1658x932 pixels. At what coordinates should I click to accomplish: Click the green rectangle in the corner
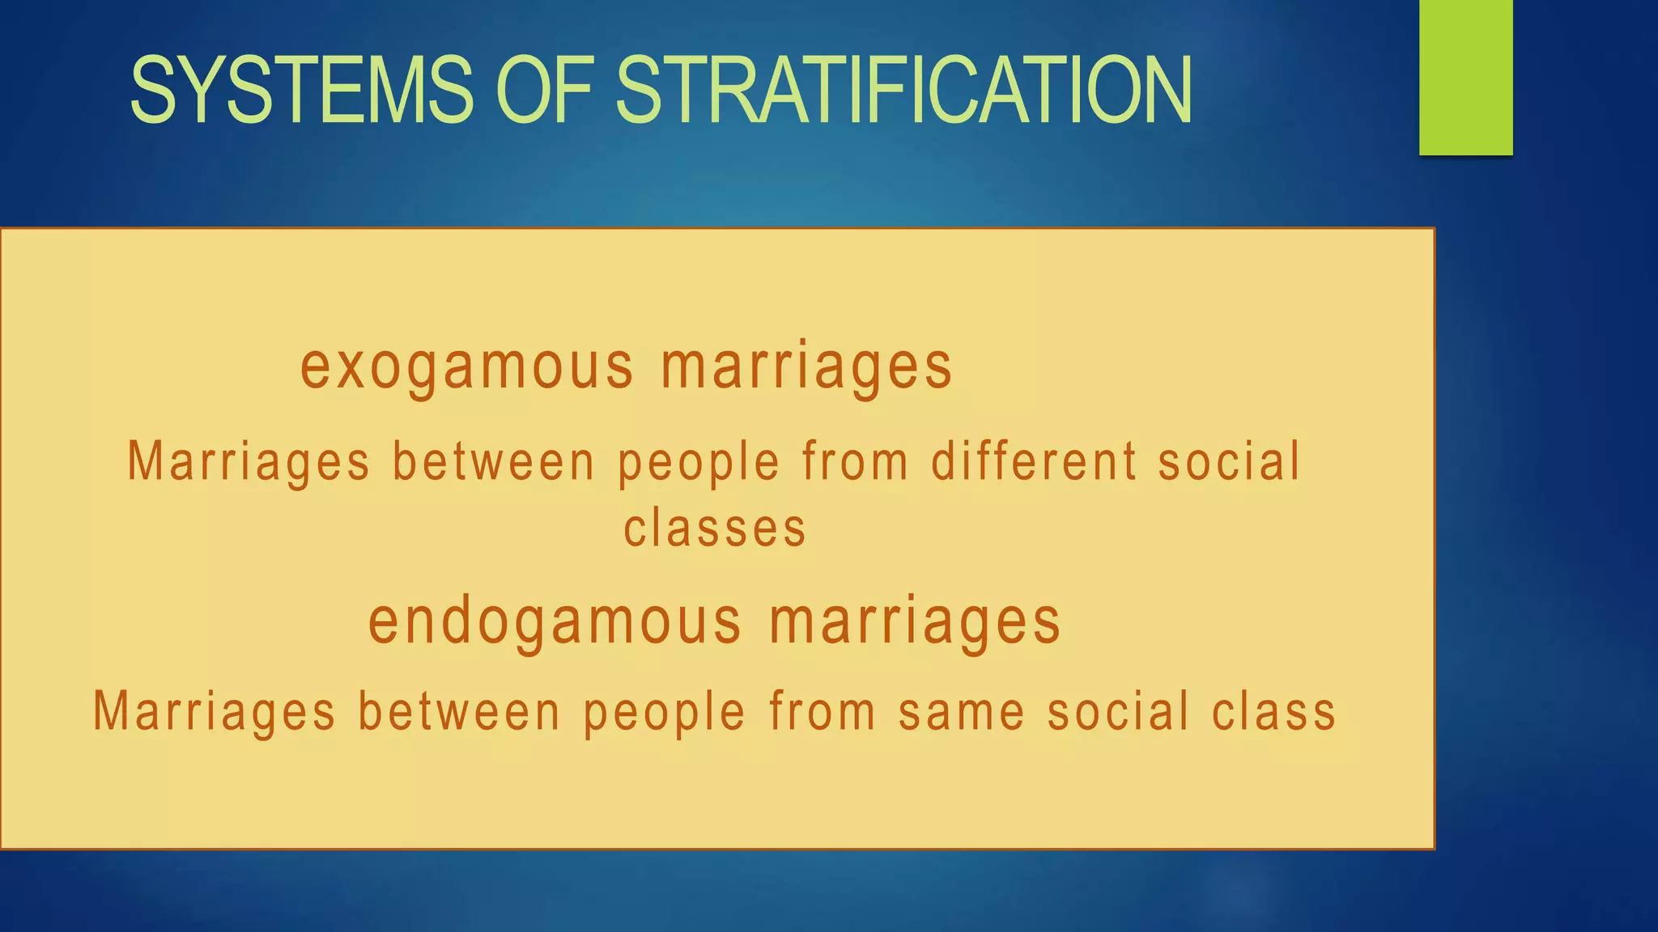click(x=1465, y=77)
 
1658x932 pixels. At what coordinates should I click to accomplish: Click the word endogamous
click(x=555, y=622)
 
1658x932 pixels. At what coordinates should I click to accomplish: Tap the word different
click(x=1034, y=462)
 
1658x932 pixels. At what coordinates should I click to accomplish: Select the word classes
click(x=715, y=529)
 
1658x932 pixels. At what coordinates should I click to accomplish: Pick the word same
click(x=962, y=713)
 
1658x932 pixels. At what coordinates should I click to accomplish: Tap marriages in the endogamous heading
click(x=915, y=622)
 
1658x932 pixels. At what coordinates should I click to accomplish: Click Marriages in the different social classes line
click(x=249, y=462)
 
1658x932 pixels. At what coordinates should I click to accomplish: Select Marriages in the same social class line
click(x=215, y=713)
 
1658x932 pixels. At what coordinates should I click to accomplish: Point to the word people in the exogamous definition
click(x=699, y=464)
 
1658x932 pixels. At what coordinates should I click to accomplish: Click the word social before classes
click(x=1229, y=462)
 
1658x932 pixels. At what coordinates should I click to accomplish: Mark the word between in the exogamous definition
click(x=494, y=462)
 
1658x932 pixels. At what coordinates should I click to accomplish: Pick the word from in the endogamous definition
click(x=823, y=713)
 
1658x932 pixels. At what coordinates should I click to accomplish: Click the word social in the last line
click(x=1118, y=713)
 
